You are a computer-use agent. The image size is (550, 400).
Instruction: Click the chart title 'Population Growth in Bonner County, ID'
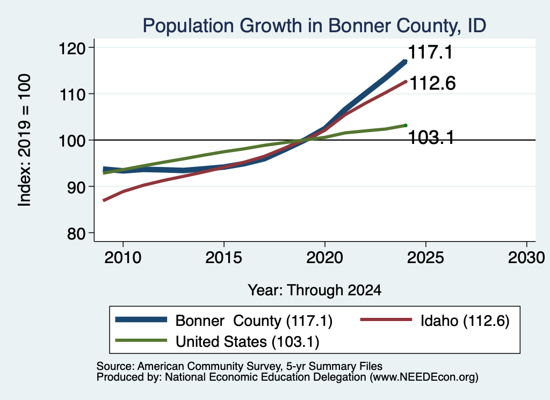tap(314, 26)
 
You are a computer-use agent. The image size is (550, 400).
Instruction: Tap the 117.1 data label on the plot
tap(430, 52)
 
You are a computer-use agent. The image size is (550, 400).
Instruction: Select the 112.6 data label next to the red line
tap(432, 83)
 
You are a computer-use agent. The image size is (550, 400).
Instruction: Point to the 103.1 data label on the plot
tap(431, 137)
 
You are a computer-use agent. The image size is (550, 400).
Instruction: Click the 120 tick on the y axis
tap(72, 48)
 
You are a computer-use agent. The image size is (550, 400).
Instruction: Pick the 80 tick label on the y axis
tap(76, 234)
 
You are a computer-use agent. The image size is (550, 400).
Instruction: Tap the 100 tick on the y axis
tap(72, 141)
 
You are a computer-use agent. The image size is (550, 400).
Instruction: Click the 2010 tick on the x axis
tap(123, 258)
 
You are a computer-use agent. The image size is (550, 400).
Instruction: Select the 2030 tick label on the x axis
tap(526, 258)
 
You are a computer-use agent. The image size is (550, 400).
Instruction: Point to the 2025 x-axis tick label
tap(425, 258)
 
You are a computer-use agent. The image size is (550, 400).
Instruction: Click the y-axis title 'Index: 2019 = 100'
tap(24, 140)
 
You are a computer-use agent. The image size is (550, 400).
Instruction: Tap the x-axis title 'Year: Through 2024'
tap(315, 290)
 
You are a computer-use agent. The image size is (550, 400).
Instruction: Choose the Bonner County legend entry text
tap(254, 321)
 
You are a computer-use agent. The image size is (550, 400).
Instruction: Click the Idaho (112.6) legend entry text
tap(465, 321)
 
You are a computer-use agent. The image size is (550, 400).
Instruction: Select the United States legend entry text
tap(248, 342)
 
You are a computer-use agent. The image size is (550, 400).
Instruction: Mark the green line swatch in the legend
tap(141, 340)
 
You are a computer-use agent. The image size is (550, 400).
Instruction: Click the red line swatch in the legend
tap(386, 319)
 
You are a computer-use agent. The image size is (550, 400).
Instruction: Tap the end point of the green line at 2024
tap(406, 126)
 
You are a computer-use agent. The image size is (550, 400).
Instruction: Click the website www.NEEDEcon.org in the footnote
tap(424, 377)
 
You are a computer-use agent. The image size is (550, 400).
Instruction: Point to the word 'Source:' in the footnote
tap(115, 366)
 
